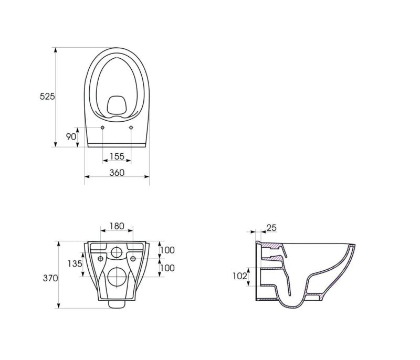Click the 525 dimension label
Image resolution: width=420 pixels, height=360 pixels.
[47, 97]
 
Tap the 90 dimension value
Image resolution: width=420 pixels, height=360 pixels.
[71, 136]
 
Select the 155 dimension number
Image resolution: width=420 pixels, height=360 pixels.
[117, 156]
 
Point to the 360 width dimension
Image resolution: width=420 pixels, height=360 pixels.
[117, 173]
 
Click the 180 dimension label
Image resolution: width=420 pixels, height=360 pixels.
[117, 226]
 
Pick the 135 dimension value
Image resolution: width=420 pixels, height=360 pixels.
[75, 263]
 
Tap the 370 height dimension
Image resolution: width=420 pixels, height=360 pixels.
[50, 278]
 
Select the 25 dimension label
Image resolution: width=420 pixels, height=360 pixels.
[271, 228]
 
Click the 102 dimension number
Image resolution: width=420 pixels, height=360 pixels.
[240, 276]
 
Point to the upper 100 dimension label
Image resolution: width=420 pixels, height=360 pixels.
[167, 250]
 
